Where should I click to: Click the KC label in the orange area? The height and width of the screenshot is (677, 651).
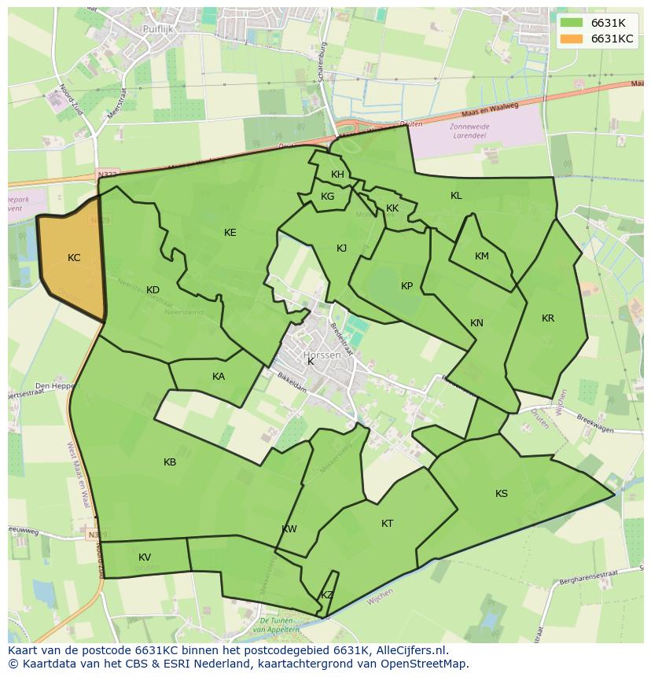(x=74, y=258)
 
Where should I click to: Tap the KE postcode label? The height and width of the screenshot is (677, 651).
(x=230, y=232)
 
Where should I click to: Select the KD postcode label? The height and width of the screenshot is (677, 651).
(x=153, y=290)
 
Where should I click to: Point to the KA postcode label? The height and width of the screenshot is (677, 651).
(x=219, y=377)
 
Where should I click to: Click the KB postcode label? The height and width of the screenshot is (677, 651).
(x=170, y=462)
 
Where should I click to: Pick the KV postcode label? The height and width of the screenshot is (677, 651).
(x=145, y=557)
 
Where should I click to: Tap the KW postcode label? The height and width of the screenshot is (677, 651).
(x=289, y=529)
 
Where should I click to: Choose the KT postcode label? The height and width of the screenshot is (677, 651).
(x=387, y=524)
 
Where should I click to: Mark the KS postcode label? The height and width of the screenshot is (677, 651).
(x=502, y=494)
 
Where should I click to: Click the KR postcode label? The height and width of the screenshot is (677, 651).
(x=548, y=318)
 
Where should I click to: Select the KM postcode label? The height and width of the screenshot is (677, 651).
(x=482, y=256)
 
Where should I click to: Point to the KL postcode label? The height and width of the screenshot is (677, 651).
(x=456, y=196)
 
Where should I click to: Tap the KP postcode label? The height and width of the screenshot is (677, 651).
(x=406, y=286)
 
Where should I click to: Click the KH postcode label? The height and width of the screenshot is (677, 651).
(x=337, y=175)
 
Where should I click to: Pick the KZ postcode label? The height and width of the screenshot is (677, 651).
(x=327, y=595)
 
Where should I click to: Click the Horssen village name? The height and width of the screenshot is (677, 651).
(x=322, y=355)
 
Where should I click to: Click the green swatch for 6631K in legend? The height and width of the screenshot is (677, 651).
(x=572, y=23)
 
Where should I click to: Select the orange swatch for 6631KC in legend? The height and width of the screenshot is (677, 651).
(x=572, y=39)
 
